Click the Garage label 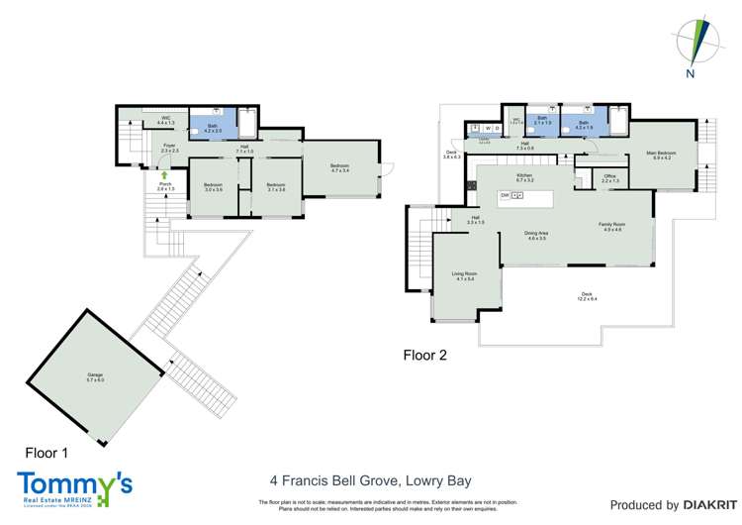(x=95, y=376)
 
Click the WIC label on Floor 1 (x=165, y=122)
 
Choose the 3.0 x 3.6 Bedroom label (x=214, y=187)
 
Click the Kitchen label (x=524, y=178)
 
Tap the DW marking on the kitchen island (x=505, y=196)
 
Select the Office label (x=610, y=178)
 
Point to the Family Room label (x=611, y=227)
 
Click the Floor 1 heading (x=46, y=453)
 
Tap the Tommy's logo (x=73, y=487)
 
